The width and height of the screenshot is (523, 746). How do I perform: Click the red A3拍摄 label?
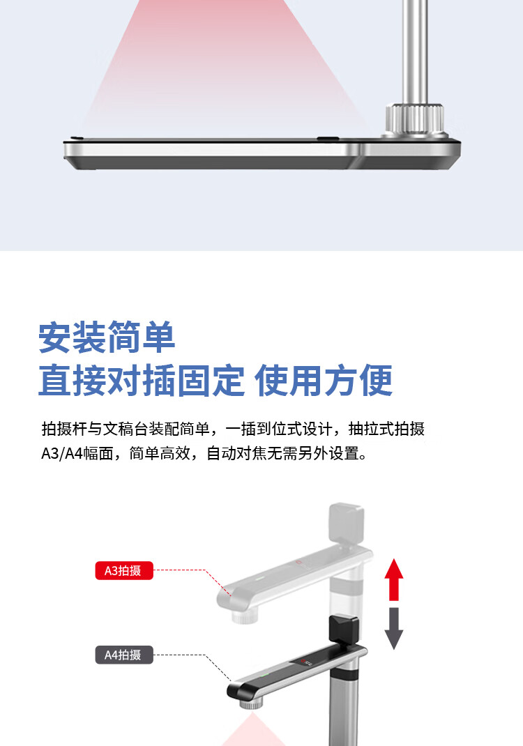(124, 570)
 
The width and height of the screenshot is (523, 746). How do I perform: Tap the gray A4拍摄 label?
(124, 655)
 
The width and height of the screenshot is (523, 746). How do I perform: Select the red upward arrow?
(394, 579)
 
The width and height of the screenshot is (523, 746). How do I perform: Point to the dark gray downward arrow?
(394, 628)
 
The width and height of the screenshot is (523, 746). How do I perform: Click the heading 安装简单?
(107, 337)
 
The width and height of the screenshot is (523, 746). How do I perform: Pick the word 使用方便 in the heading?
(324, 381)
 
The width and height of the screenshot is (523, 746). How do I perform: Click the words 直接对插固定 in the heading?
(142, 381)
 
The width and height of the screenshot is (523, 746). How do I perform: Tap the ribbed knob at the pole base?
(414, 119)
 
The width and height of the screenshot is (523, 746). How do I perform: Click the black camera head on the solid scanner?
(344, 629)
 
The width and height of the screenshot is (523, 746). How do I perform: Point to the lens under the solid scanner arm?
(252, 703)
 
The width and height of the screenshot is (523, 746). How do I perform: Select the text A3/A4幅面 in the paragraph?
(77, 453)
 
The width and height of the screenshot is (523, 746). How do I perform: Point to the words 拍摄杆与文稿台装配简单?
(126, 429)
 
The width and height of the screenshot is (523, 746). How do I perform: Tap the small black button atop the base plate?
(328, 139)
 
